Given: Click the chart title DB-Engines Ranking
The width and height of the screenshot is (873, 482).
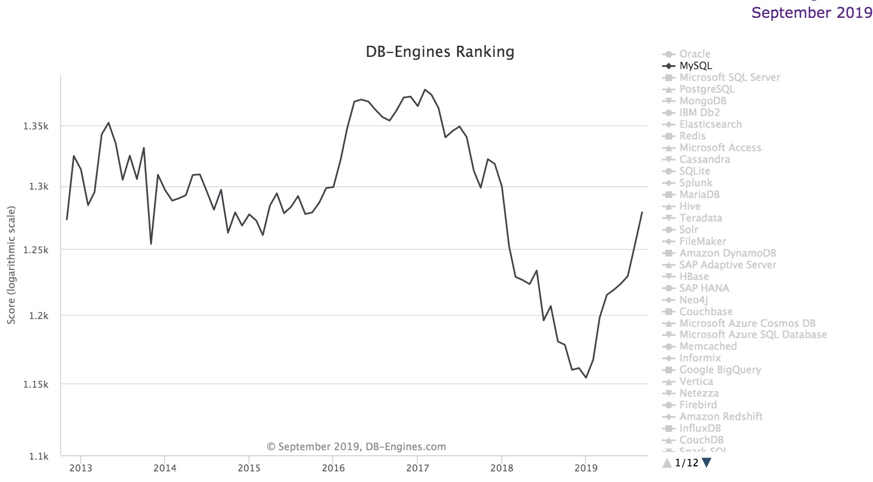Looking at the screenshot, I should tap(440, 52).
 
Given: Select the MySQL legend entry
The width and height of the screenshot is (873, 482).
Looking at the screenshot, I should tap(695, 66).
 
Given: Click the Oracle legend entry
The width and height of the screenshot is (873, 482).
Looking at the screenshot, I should tap(694, 54).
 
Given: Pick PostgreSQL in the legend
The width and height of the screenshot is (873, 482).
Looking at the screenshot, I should tap(707, 89).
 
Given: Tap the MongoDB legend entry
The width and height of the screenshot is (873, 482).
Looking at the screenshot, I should tap(703, 101).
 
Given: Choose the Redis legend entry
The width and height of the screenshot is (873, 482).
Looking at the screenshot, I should tap(692, 136).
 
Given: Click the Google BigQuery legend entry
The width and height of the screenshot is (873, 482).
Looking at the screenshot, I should tap(720, 370).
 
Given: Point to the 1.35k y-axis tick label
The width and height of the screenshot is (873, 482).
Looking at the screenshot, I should tap(36, 127).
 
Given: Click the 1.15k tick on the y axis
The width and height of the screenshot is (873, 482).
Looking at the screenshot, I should tap(36, 385).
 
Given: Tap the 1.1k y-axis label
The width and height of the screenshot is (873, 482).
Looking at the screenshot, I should tap(39, 457).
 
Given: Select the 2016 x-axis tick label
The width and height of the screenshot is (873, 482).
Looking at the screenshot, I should tap(333, 468).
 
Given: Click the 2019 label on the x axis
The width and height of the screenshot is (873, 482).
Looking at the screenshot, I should tap(585, 468).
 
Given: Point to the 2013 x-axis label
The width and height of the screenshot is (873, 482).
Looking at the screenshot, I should tap(81, 468).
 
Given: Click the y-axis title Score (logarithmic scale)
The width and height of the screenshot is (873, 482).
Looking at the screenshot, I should tap(12, 265).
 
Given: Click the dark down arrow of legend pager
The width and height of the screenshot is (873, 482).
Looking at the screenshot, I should tap(707, 462).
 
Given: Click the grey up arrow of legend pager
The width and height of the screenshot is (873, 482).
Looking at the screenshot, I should tap(666, 462).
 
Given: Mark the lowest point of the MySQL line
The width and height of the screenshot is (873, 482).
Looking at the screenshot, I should tap(586, 378).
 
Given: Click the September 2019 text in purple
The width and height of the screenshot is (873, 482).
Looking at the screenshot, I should tap(812, 13).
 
